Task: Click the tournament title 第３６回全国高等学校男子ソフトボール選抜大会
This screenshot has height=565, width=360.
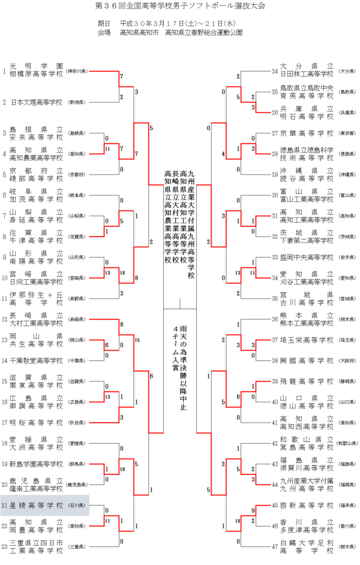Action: click(180, 5)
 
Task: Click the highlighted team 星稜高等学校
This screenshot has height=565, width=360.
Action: click(37, 506)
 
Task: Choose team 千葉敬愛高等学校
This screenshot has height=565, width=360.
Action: click(37, 361)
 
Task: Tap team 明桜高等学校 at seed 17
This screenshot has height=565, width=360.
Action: click(37, 422)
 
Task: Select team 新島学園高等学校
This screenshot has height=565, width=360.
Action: click(37, 464)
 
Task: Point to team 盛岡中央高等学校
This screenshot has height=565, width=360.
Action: click(307, 257)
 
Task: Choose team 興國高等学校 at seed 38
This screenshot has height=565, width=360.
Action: click(307, 360)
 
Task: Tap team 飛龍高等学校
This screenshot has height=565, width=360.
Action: click(307, 381)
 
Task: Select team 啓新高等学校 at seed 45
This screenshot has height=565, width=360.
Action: click(307, 506)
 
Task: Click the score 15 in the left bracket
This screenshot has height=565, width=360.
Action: click(137, 340)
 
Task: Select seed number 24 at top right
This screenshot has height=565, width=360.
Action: click(274, 71)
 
